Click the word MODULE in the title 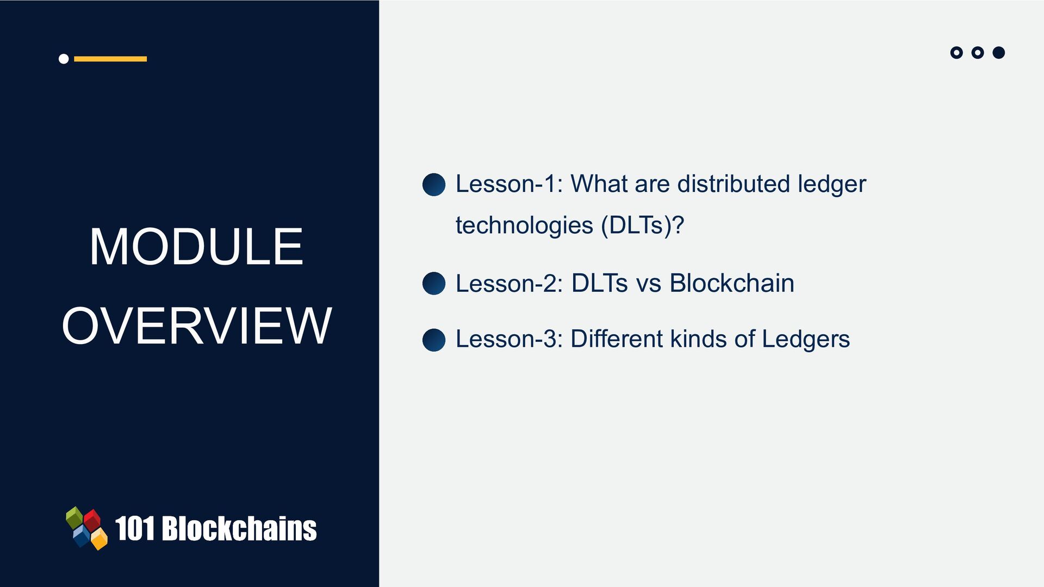click(196, 246)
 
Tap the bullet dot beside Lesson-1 click(434, 185)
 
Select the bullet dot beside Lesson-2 click(434, 284)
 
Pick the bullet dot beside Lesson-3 click(434, 340)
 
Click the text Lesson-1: click(509, 184)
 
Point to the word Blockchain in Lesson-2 click(732, 283)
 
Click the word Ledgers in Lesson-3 click(806, 340)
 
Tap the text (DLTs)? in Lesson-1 click(642, 226)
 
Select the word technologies click(524, 226)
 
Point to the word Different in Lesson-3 click(617, 339)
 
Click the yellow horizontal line click(110, 59)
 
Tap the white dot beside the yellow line click(64, 59)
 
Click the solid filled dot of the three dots click(998, 53)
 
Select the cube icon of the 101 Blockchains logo click(87, 528)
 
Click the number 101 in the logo click(135, 528)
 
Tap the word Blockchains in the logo click(239, 528)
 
